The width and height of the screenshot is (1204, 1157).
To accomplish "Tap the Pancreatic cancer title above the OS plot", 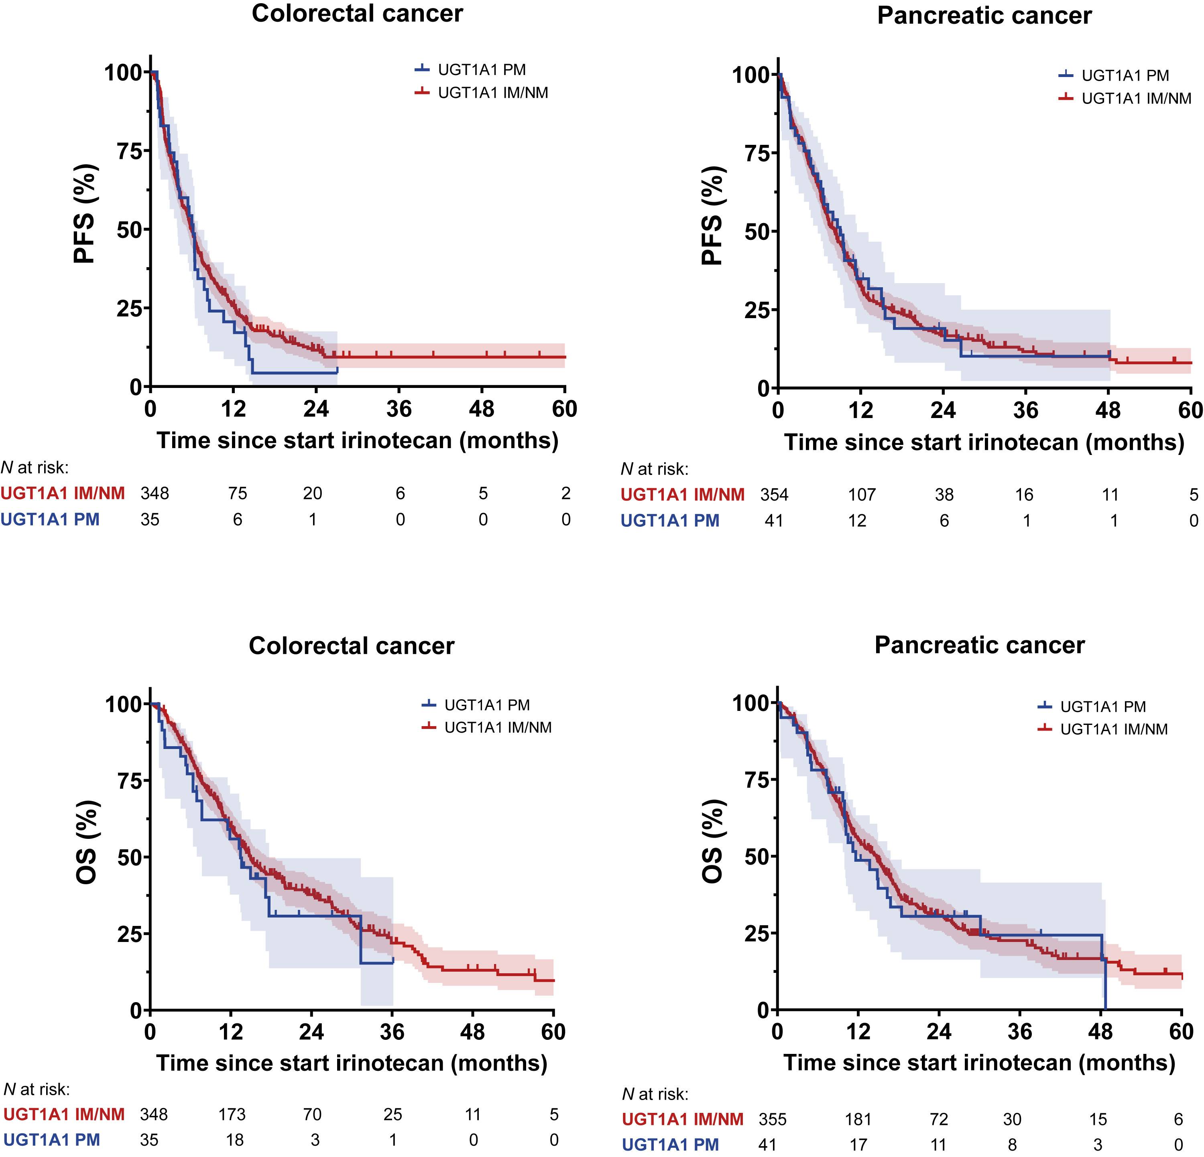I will click(979, 645).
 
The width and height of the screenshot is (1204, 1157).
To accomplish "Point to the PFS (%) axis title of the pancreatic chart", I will click(713, 216).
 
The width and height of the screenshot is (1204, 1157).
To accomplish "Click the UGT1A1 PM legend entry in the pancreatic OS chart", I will click(1102, 707).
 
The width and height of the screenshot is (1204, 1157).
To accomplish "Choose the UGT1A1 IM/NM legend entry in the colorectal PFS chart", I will click(493, 93).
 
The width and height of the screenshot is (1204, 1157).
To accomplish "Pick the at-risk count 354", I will click(774, 494).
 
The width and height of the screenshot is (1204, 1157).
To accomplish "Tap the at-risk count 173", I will click(232, 1114).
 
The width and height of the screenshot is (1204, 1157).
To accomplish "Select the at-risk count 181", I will click(858, 1119).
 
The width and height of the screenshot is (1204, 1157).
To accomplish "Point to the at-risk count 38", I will click(944, 494).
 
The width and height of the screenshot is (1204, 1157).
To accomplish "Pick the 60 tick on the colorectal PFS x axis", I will click(565, 409).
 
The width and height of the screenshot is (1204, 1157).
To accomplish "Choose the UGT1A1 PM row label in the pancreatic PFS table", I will click(669, 521).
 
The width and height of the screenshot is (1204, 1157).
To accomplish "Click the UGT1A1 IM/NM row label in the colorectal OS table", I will click(64, 1114).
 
